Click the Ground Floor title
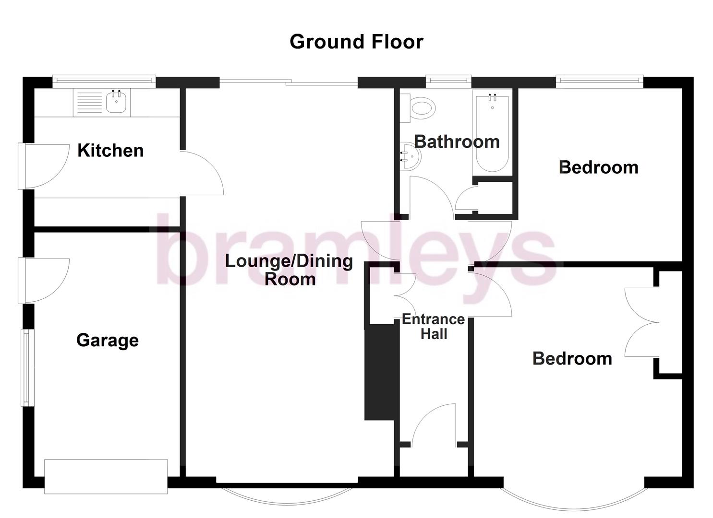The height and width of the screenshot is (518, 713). [356, 42]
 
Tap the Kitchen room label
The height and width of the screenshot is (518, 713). [110, 151]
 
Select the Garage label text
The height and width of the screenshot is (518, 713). [108, 340]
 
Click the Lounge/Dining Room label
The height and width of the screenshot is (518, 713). [289, 270]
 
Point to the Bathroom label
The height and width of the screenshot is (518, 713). [457, 142]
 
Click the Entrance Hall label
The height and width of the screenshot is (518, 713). [433, 327]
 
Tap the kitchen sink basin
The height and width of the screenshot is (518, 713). [116, 102]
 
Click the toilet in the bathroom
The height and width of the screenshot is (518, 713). [421, 107]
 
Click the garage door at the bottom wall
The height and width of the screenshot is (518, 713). [106, 476]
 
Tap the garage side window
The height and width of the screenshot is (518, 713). [26, 367]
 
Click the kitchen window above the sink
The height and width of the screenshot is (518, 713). [104, 82]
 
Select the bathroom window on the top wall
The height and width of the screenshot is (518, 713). [448, 82]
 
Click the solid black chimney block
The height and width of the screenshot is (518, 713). [382, 372]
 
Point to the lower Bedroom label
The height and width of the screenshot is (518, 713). [572, 359]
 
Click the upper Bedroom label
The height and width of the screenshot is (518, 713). [598, 167]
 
